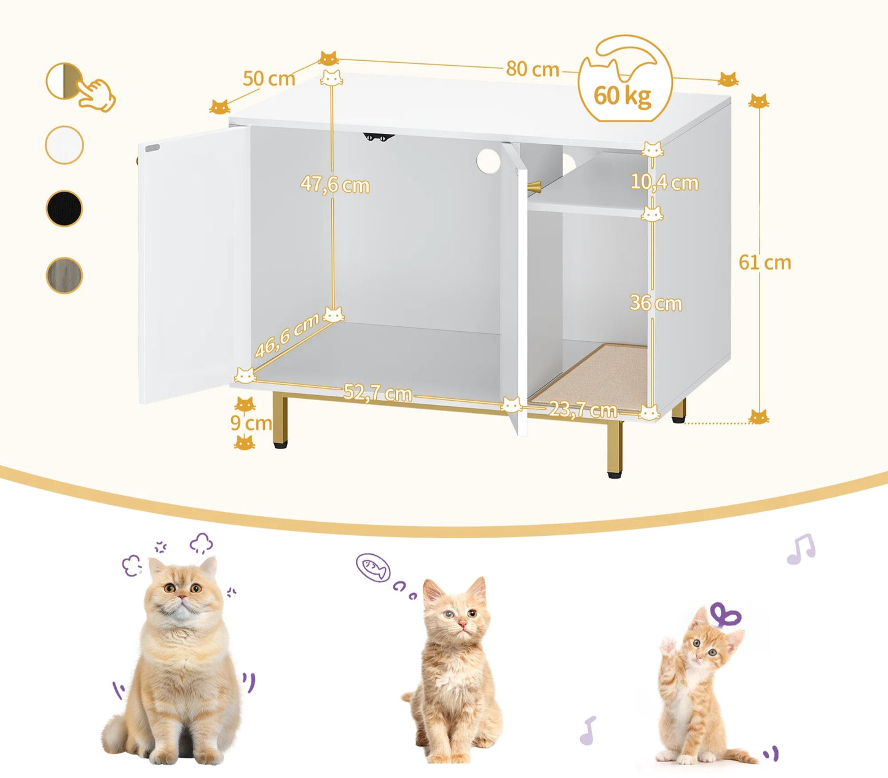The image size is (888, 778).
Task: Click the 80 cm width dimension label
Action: [532, 69]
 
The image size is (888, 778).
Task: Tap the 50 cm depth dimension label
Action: [269, 79]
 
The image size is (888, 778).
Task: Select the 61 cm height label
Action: [764, 262]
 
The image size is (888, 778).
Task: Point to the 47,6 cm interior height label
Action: [335, 184]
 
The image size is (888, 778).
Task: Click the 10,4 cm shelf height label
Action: [664, 183]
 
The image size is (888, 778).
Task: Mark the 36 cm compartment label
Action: [656, 303]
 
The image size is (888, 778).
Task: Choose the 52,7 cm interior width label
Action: [377, 393]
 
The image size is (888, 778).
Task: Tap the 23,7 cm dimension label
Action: [583, 409]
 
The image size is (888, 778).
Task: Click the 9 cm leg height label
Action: [251, 423]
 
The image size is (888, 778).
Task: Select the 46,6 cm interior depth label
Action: [287, 336]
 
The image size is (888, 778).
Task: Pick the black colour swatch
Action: [65, 209]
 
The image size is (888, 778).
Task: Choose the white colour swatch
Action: [65, 145]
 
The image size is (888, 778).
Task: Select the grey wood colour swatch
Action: [65, 275]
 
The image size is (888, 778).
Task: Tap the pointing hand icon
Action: [97, 95]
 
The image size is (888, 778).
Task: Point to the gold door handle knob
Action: [533, 186]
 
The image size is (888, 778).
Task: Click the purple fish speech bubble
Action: [373, 567]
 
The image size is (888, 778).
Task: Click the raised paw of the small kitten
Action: [667, 647]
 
